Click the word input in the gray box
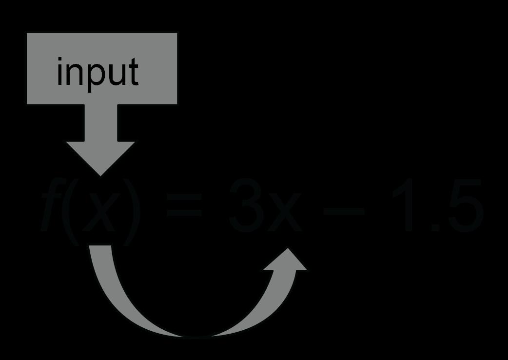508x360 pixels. tap(98, 72)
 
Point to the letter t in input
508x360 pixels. tap(133, 72)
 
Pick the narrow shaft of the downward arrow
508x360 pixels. tap(101, 122)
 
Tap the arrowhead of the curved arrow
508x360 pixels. tap(289, 261)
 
